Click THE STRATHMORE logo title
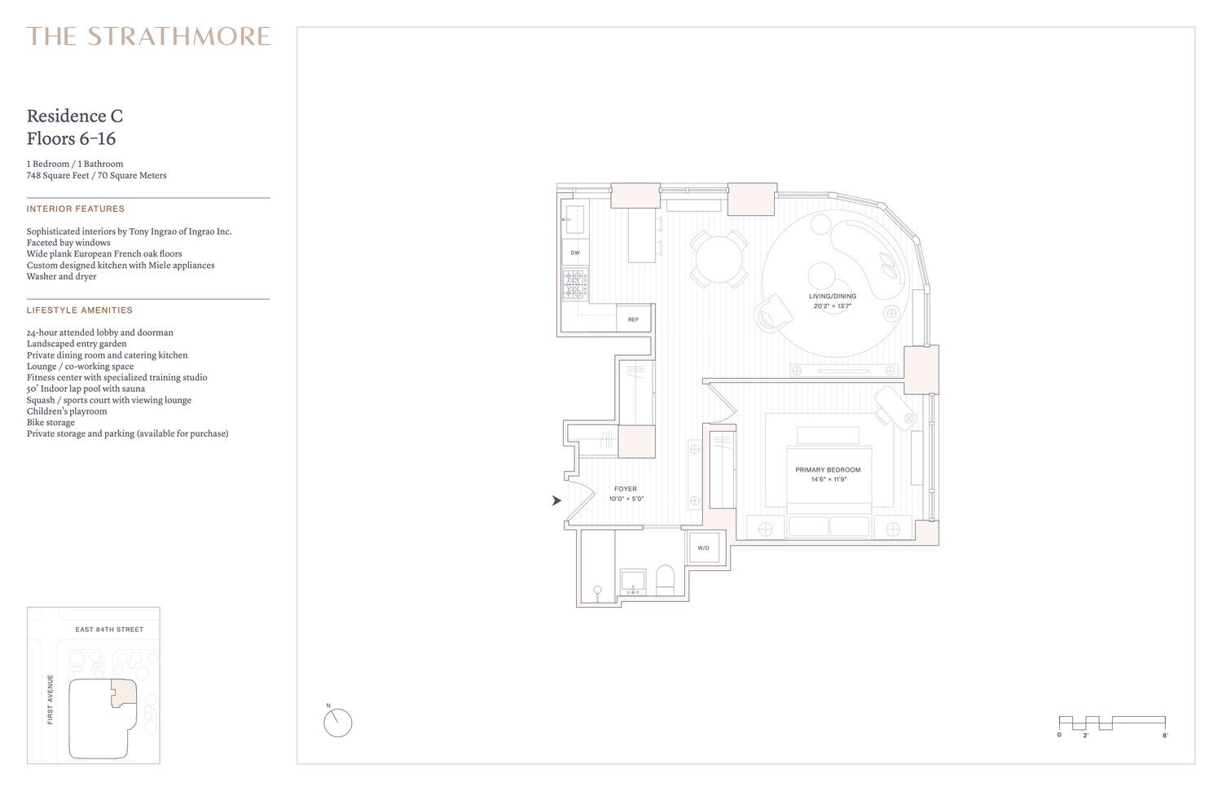pyautogui.click(x=148, y=37)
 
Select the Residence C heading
pyautogui.click(x=75, y=116)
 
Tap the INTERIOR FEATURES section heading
pyautogui.click(x=76, y=209)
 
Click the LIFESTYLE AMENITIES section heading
pyautogui.click(x=79, y=310)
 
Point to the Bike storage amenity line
pyautogui.click(x=51, y=423)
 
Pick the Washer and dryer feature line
pyautogui.click(x=61, y=277)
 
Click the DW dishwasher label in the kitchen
pyautogui.click(x=575, y=253)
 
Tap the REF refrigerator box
pyautogui.click(x=633, y=319)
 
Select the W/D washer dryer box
pyautogui.click(x=702, y=548)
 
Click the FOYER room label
pyautogui.click(x=626, y=490)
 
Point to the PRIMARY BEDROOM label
pyautogui.click(x=828, y=470)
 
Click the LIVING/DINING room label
pyautogui.click(x=832, y=297)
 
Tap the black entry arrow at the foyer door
pyautogui.click(x=556, y=501)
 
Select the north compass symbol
pyautogui.click(x=337, y=723)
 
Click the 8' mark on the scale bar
pyautogui.click(x=1165, y=736)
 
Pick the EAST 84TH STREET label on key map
pyautogui.click(x=109, y=630)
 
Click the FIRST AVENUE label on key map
pyautogui.click(x=51, y=699)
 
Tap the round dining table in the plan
pyautogui.click(x=719, y=258)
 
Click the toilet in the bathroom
pyautogui.click(x=666, y=580)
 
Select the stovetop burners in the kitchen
pyautogui.click(x=574, y=284)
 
